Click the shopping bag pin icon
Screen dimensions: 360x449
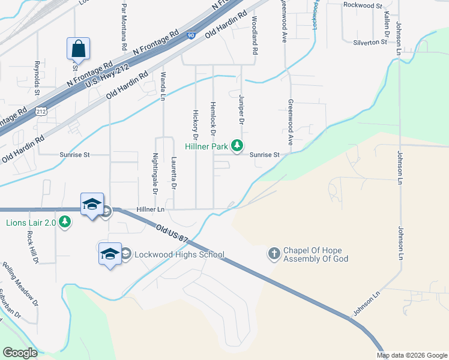(78, 47)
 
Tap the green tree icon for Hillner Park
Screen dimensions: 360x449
(238, 145)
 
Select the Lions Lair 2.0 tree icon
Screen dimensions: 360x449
(65, 223)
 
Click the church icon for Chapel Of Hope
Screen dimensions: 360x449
(274, 253)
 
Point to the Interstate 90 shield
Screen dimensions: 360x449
(190, 37)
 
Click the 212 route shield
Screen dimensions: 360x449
(41, 112)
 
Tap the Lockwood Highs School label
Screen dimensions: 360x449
(179, 254)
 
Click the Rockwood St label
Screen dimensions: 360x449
(363, 5)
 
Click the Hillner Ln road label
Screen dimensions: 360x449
(150, 209)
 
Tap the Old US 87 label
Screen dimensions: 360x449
(172, 233)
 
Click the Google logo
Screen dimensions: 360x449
(20, 352)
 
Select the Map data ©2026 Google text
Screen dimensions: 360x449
(411, 355)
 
